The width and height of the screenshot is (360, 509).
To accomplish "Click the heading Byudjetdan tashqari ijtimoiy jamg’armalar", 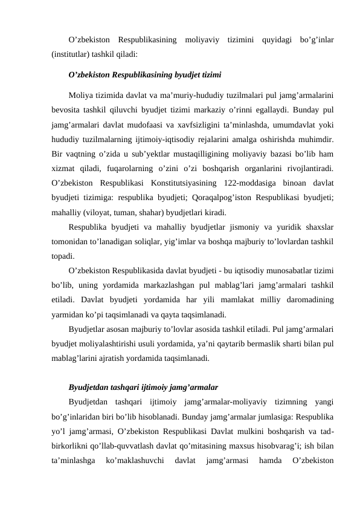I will (143, 386).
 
